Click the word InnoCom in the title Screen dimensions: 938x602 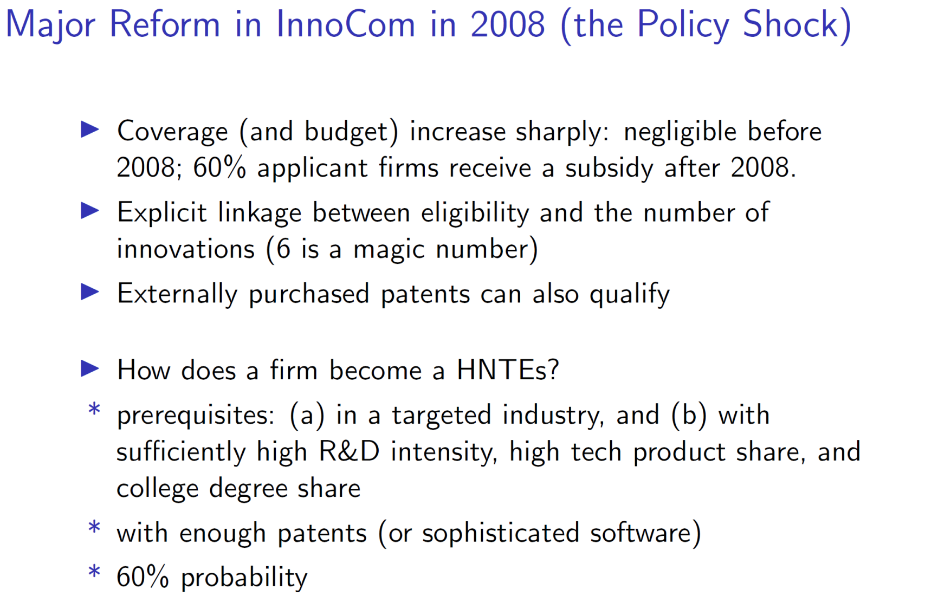coord(346,24)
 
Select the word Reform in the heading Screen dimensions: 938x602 coord(165,24)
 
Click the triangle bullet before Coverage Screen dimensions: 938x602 coord(90,130)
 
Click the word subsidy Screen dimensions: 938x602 coord(610,168)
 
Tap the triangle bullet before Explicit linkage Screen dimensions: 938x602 coord(90,211)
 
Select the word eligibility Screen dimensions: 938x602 coord(475,212)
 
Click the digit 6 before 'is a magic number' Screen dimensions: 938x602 coord(283,249)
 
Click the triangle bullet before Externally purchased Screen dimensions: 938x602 coord(90,292)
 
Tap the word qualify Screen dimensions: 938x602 coord(630,294)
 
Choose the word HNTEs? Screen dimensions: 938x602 coord(508,370)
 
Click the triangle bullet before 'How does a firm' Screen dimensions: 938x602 coord(90,369)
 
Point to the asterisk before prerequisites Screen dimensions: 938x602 coord(94,409)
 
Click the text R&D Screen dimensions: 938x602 coord(350,451)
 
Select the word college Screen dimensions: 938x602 coord(156,489)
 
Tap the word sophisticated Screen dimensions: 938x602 coord(501,533)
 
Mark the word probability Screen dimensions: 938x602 coord(244,578)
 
